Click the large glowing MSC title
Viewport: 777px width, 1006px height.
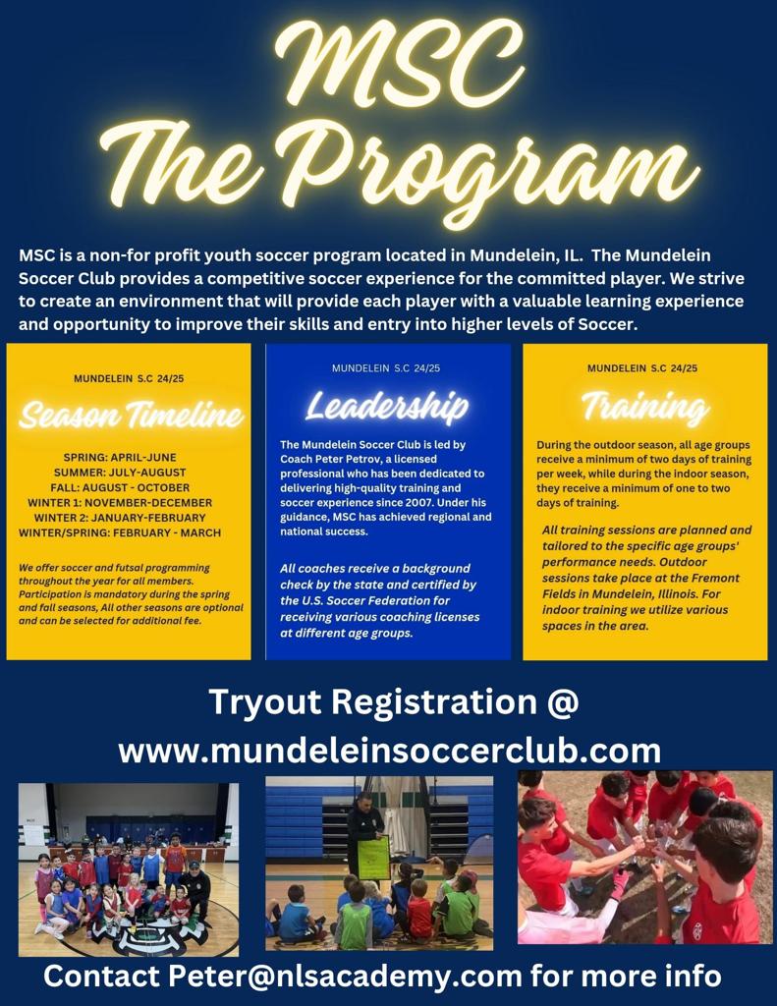(x=399, y=64)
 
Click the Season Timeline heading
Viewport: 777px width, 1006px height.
(x=131, y=414)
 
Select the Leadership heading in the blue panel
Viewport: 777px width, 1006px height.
(x=387, y=407)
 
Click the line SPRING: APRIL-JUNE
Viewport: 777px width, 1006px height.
(x=120, y=458)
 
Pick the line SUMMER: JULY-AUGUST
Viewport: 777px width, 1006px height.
(x=120, y=473)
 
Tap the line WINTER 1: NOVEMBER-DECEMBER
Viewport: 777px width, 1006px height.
(x=120, y=502)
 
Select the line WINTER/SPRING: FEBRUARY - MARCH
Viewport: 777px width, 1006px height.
(x=120, y=532)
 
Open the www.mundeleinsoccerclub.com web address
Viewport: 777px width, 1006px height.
(x=389, y=750)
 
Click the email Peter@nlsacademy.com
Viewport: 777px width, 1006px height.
(x=346, y=976)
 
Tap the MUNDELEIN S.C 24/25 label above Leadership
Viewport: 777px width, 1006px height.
(x=386, y=368)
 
